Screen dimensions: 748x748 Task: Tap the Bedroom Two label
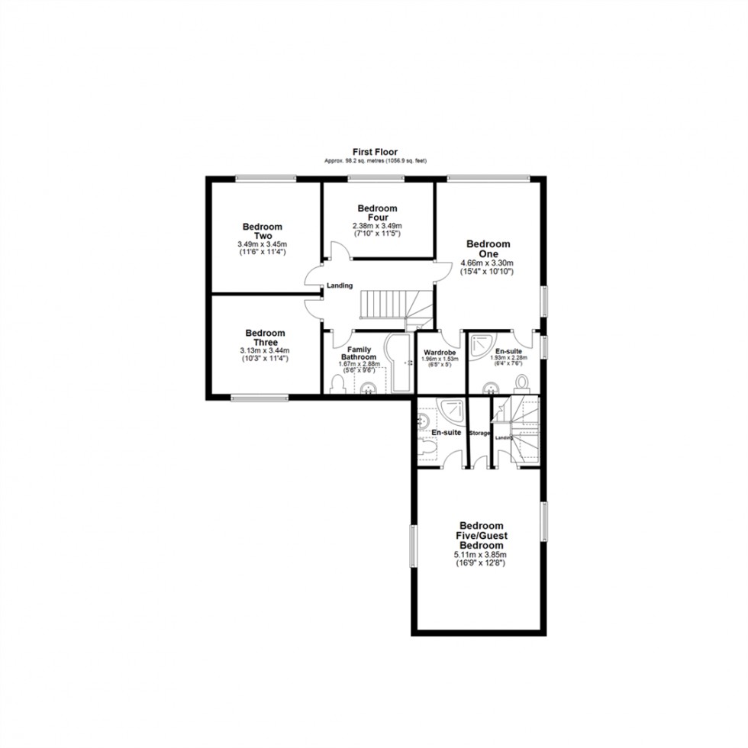pyautogui.click(x=263, y=231)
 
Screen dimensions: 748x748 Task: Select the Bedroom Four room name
pyautogui.click(x=377, y=213)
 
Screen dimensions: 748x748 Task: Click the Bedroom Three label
pyautogui.click(x=265, y=337)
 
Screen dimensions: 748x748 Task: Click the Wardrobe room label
pyautogui.click(x=440, y=352)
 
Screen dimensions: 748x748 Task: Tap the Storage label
pyautogui.click(x=479, y=434)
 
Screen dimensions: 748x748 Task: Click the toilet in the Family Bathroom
pyautogui.click(x=338, y=385)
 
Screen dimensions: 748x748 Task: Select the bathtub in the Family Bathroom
pyautogui.click(x=400, y=363)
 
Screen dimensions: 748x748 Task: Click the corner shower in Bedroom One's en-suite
pyautogui.click(x=480, y=347)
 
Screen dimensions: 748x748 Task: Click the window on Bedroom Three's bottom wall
pyautogui.click(x=260, y=396)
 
